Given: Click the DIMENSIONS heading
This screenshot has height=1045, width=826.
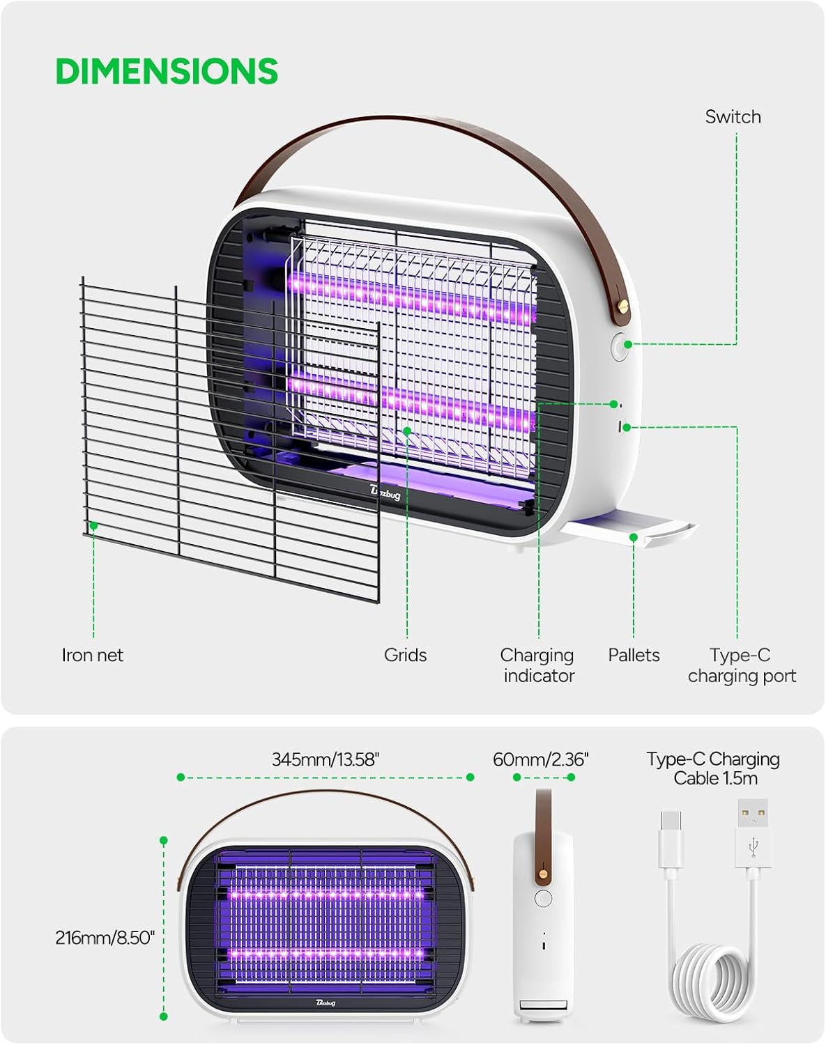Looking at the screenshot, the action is (x=167, y=71).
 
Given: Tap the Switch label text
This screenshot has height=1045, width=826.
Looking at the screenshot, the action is (x=733, y=117).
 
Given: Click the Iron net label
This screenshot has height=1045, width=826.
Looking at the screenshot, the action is (x=92, y=655).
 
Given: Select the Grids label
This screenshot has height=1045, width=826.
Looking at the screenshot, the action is (x=405, y=655).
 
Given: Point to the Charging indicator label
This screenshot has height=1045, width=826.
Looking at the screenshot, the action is (x=538, y=665).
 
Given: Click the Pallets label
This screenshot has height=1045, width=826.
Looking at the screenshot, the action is (x=634, y=655).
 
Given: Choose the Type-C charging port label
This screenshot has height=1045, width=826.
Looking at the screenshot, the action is (x=742, y=665).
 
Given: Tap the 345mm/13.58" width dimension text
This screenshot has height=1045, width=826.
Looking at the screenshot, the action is (x=325, y=759).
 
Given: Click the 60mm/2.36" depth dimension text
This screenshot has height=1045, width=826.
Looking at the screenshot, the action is (x=540, y=759).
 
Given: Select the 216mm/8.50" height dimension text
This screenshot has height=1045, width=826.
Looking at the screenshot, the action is (x=105, y=938).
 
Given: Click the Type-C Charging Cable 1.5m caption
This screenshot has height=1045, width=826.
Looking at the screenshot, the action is (x=713, y=768).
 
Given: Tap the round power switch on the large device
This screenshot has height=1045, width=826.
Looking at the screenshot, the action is (x=620, y=347).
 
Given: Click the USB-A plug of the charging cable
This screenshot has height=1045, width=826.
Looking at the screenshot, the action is (x=753, y=834).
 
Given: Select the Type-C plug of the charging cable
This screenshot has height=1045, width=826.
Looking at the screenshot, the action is (x=671, y=839).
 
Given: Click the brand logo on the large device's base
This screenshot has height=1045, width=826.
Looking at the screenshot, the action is (x=385, y=493).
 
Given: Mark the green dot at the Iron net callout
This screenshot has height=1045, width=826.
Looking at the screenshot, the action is (x=94, y=526).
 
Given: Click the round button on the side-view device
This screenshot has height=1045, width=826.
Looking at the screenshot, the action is (x=543, y=898).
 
